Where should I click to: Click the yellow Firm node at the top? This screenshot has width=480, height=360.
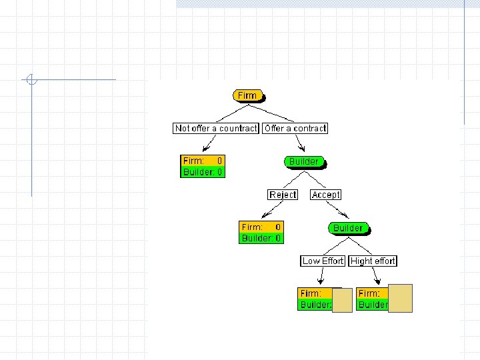[248, 95]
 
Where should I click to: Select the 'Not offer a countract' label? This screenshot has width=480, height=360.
[215, 128]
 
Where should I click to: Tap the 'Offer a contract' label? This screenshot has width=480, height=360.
[295, 128]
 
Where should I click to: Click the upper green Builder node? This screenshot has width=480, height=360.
[304, 161]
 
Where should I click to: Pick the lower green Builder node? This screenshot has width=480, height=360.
[348, 228]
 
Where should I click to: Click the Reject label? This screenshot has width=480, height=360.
[283, 195]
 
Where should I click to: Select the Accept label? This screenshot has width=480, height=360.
[325, 195]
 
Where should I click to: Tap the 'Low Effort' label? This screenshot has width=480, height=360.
[323, 261]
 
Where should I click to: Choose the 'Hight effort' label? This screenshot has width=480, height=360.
[373, 261]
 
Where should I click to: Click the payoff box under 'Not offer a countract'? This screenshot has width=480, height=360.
[203, 166]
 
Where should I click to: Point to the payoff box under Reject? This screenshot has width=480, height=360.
[261, 232]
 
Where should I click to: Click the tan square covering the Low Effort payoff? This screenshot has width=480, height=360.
[342, 301]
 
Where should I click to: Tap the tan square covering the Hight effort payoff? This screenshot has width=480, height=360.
[400, 298]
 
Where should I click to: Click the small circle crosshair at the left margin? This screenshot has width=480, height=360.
[31, 81]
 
